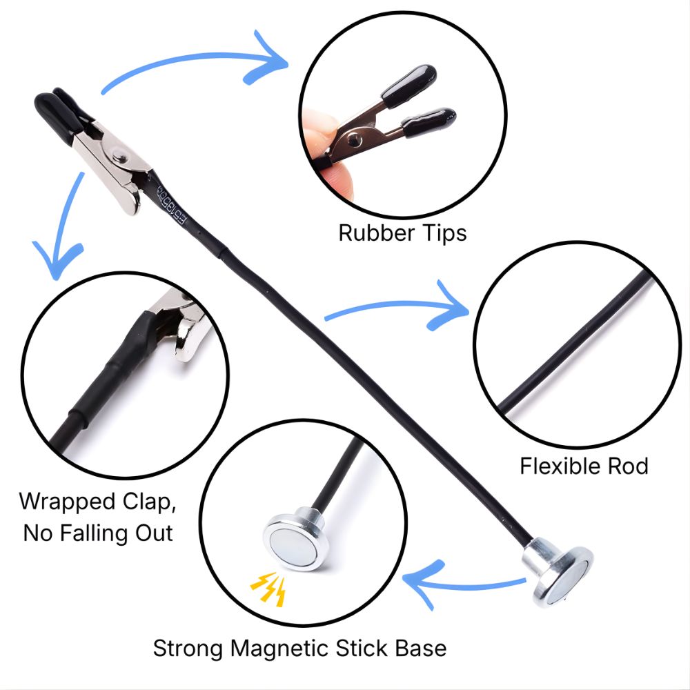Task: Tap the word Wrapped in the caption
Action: click(x=68, y=502)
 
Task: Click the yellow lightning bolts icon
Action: click(x=268, y=589)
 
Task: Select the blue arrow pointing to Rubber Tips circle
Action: click(x=195, y=57)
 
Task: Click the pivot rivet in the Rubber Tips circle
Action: click(x=354, y=140)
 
